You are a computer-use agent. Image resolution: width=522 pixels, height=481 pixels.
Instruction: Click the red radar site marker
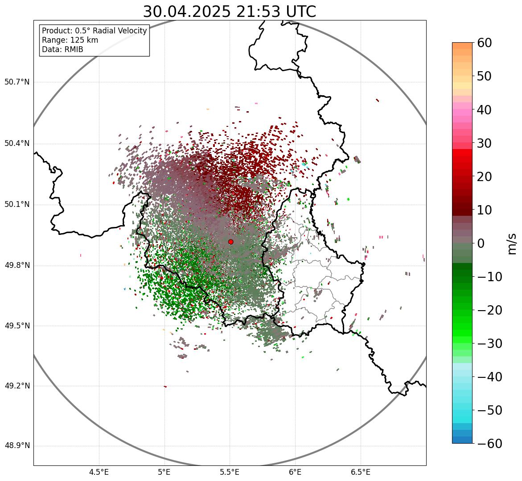point(230,242)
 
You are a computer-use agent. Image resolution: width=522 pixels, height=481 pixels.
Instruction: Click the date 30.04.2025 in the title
point(186,12)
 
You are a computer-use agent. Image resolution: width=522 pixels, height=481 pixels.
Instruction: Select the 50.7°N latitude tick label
point(17,82)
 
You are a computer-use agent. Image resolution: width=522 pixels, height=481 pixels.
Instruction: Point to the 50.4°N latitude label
point(17,143)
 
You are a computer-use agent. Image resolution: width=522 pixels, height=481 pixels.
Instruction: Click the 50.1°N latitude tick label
point(17,205)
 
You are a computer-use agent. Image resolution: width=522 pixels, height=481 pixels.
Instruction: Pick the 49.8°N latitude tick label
point(17,265)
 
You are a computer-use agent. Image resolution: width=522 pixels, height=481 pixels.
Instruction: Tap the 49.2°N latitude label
point(17,386)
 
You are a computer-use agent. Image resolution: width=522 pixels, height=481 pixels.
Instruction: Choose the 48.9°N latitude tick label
point(17,446)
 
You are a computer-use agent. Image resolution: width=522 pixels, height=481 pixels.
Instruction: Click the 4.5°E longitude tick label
point(99,472)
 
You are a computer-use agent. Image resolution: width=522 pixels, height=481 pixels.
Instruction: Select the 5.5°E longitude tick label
point(230,472)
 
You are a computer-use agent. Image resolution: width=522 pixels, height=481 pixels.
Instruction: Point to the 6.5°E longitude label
point(360,472)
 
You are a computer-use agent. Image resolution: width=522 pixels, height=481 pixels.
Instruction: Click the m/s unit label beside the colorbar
point(513,243)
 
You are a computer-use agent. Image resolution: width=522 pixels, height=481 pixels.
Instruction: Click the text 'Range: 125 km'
point(70,40)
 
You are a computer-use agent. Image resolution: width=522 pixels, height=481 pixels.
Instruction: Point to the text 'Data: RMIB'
point(62,49)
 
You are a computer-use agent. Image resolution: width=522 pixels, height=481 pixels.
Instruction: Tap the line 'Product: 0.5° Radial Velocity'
point(94,31)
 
